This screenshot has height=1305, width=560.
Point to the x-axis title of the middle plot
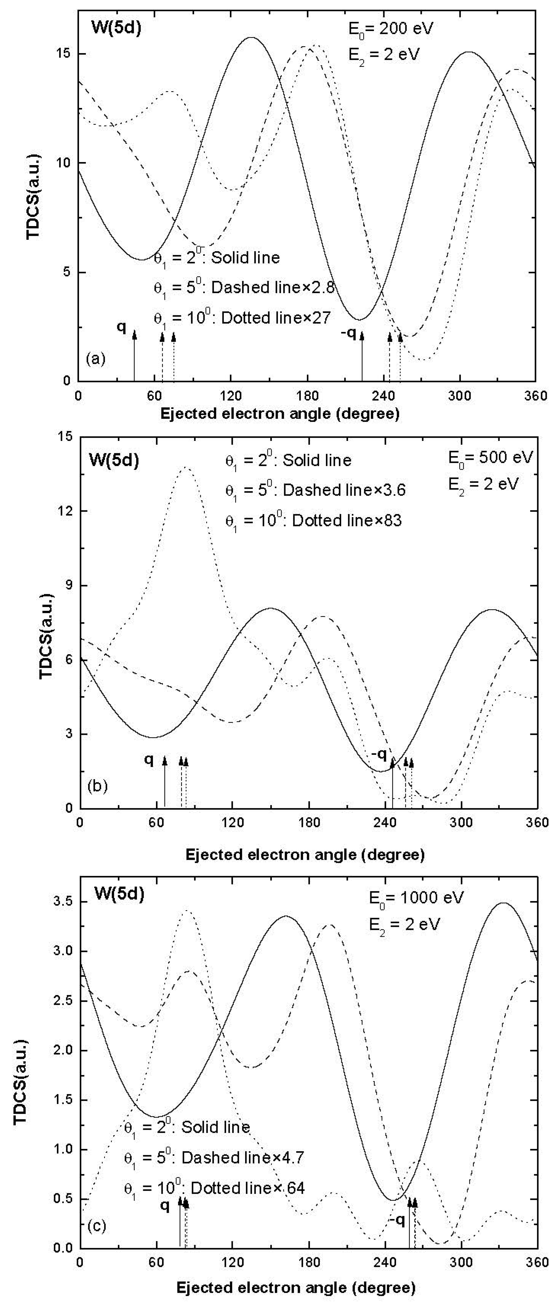(305, 855)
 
